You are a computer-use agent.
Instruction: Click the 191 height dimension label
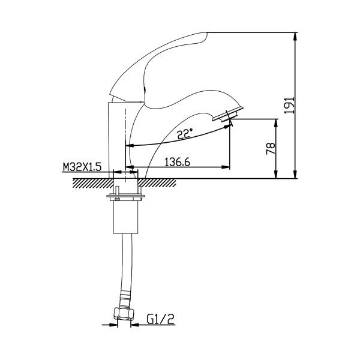(x=289, y=105)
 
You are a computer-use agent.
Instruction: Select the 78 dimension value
(x=270, y=148)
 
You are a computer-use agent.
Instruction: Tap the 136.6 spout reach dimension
(x=178, y=163)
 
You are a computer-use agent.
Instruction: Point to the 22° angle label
(x=185, y=133)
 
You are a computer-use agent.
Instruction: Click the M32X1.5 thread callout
(x=82, y=167)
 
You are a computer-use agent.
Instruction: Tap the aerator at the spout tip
(x=227, y=113)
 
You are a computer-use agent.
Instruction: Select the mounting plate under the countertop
(x=125, y=196)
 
